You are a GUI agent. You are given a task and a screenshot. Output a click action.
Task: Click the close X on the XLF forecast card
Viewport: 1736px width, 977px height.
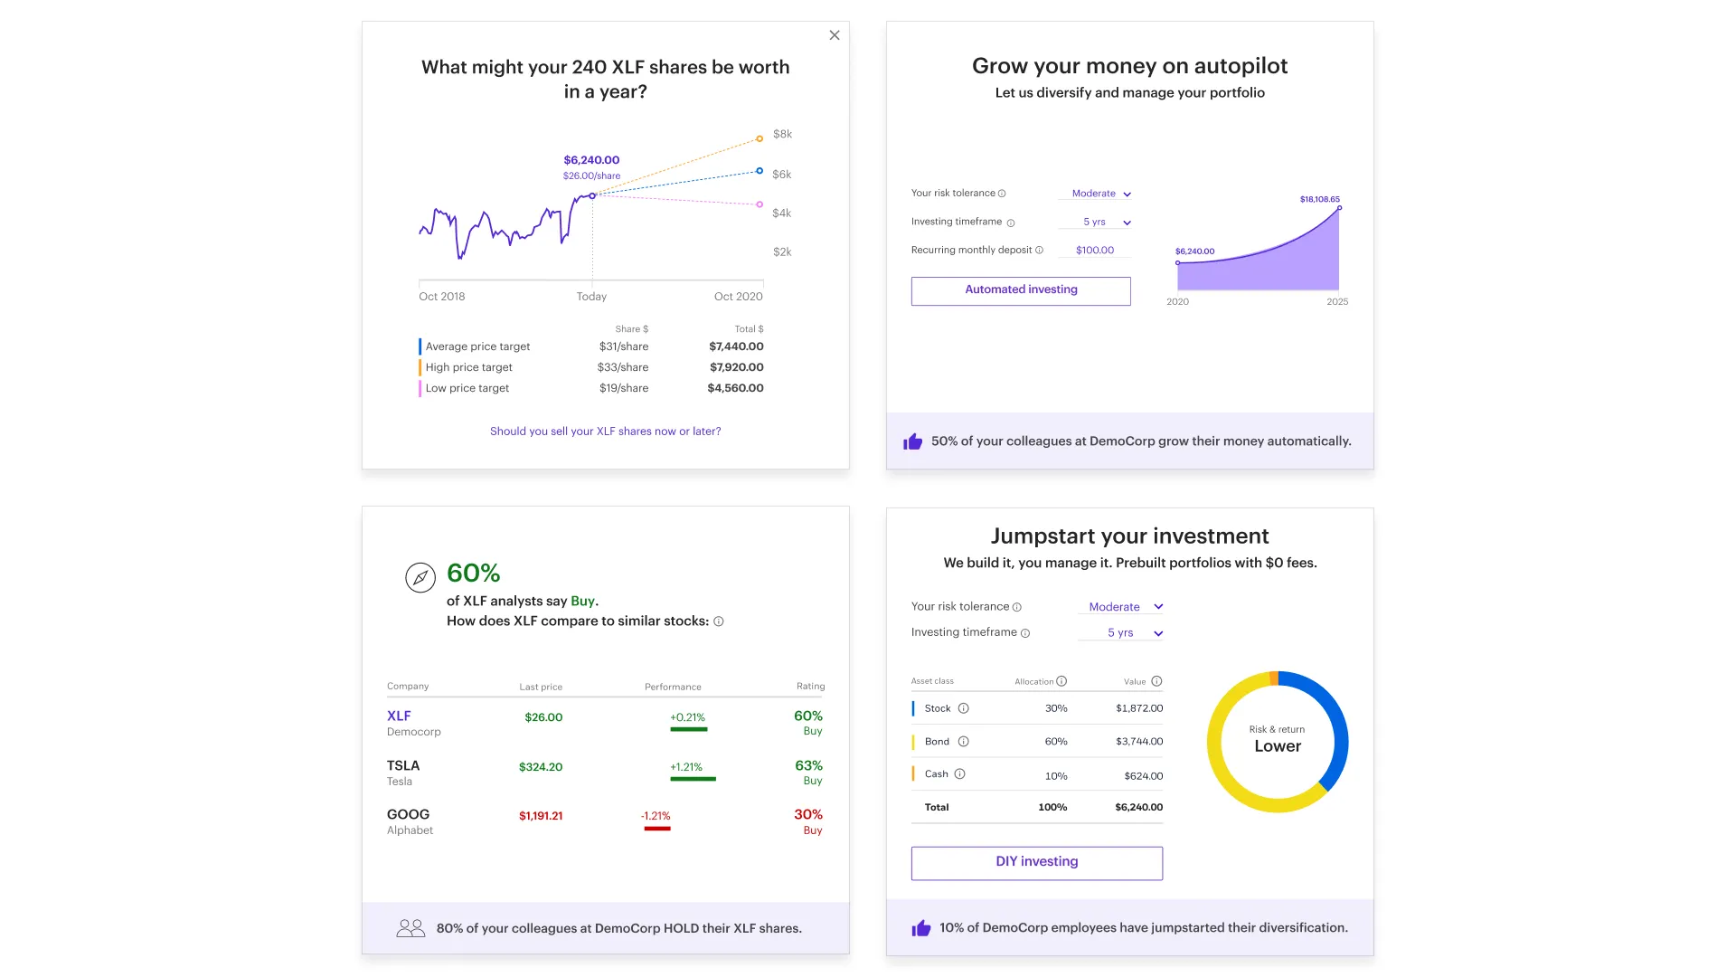(x=835, y=35)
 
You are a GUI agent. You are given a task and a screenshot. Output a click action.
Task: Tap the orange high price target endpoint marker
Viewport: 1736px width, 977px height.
(x=759, y=138)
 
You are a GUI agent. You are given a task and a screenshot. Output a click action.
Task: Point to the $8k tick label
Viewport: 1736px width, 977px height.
(x=782, y=135)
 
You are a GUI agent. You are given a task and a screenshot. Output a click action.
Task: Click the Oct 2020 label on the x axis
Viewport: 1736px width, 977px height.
(x=738, y=297)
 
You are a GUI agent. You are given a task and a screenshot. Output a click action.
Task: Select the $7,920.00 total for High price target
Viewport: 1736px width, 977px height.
(x=736, y=367)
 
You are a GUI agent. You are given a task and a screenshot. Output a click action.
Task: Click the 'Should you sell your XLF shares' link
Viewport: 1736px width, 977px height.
(x=605, y=432)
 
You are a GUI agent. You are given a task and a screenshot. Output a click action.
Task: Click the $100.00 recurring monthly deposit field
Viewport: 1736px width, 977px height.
(x=1094, y=251)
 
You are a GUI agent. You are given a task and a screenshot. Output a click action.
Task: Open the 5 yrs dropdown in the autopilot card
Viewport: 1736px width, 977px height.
(x=1107, y=223)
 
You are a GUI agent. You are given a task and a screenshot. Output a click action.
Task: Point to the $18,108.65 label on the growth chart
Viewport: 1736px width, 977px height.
(x=1319, y=199)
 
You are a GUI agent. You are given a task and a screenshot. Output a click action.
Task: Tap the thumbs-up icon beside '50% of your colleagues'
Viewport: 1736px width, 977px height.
(x=912, y=441)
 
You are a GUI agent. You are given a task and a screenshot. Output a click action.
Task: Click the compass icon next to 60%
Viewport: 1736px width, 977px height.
(x=420, y=577)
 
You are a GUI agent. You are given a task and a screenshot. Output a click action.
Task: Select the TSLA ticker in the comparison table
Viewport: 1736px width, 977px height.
(x=403, y=765)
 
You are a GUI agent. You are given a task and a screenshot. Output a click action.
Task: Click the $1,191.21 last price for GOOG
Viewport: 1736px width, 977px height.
(x=541, y=816)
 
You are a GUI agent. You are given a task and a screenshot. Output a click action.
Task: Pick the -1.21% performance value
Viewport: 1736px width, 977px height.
(x=656, y=816)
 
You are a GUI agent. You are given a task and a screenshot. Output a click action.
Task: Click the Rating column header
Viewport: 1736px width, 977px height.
(x=810, y=687)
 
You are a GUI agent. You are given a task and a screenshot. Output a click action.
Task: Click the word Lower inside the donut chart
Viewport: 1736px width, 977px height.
(x=1277, y=746)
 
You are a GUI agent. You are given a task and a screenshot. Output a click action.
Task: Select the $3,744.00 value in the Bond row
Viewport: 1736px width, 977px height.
(x=1139, y=742)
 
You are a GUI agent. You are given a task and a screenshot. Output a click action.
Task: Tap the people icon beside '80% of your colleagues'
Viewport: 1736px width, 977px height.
(x=410, y=928)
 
